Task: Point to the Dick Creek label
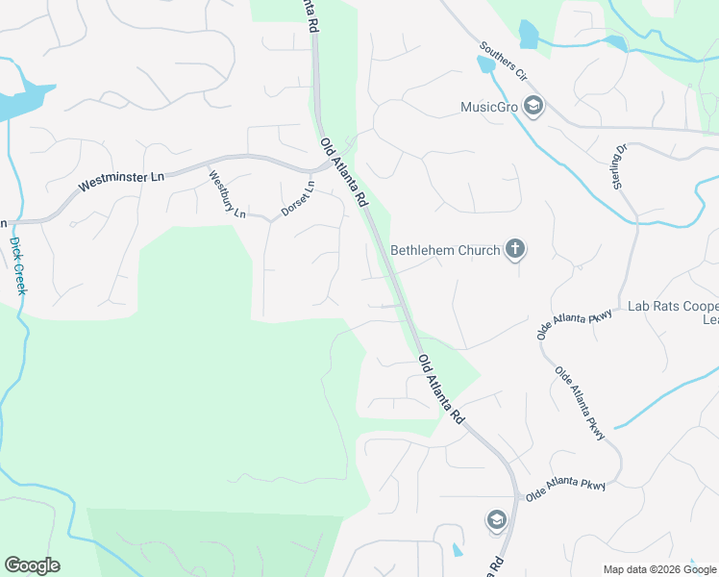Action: click(x=18, y=265)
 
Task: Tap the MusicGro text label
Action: click(x=489, y=107)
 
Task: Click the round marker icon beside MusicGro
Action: click(x=534, y=106)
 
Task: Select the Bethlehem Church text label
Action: click(x=445, y=251)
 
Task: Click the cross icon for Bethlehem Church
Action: click(x=515, y=250)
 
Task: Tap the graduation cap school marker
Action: click(x=496, y=520)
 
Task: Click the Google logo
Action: click(x=32, y=565)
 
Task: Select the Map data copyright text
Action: click(x=660, y=569)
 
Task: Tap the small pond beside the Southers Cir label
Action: click(x=483, y=64)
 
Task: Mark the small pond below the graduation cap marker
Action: click(x=457, y=551)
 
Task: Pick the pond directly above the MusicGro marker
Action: click(x=528, y=35)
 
